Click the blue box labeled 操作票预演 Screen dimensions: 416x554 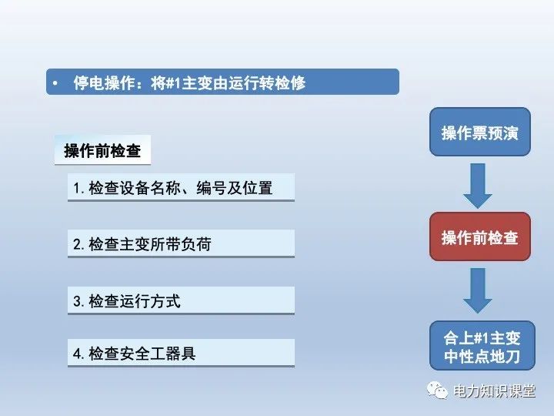479,133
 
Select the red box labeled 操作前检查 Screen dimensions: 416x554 479,237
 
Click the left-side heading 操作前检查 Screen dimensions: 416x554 102,151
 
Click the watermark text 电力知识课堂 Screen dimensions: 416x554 494,391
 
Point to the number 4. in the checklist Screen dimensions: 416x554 78,354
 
